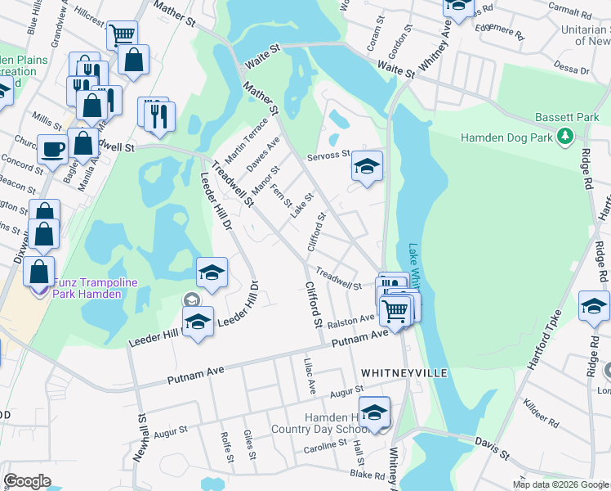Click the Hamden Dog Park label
tap(504, 137)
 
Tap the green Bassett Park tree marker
tap(564, 137)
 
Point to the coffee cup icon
tap(53, 150)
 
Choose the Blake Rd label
tap(367, 475)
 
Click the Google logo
tap(28, 480)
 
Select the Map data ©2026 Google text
tap(560, 484)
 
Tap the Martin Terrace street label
tap(248, 139)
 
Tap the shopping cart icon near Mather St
tap(122, 34)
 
